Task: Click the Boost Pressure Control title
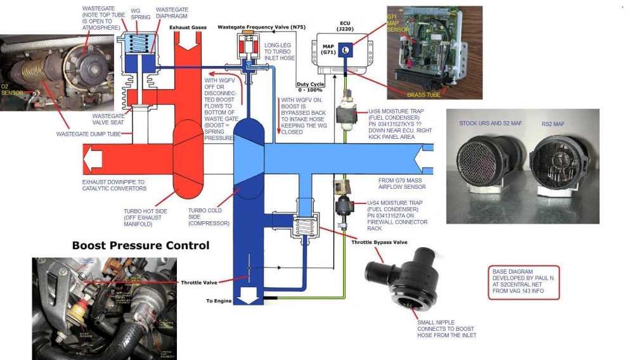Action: (x=140, y=245)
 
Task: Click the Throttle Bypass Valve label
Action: (x=378, y=242)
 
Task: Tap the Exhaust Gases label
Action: (x=188, y=28)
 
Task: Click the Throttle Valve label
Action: (x=199, y=283)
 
